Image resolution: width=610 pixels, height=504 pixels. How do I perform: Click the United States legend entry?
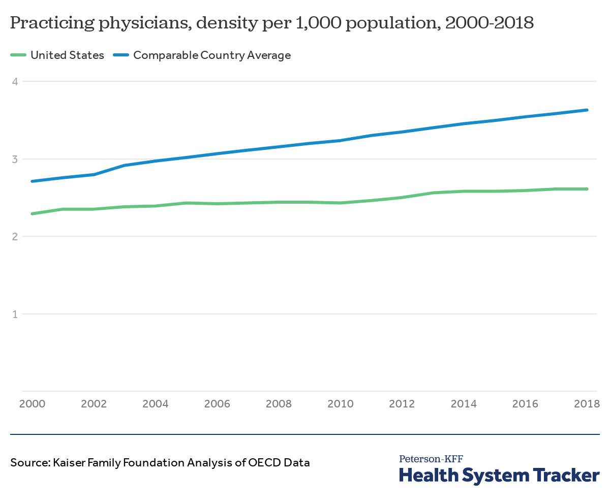(x=67, y=55)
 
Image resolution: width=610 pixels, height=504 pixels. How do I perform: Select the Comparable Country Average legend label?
(x=211, y=55)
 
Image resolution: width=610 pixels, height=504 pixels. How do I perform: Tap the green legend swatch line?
(x=18, y=55)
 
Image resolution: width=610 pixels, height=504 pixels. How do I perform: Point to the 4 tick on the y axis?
(x=15, y=81)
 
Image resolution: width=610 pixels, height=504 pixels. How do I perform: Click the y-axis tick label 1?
(x=15, y=314)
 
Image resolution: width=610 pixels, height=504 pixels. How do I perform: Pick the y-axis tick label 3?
(x=15, y=159)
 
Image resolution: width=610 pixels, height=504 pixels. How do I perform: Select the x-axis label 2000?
(x=32, y=404)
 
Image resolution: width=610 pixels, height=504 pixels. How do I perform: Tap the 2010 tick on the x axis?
(x=340, y=404)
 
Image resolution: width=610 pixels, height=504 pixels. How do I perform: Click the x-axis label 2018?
(x=587, y=404)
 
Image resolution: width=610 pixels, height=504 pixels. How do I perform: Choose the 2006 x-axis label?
(x=217, y=404)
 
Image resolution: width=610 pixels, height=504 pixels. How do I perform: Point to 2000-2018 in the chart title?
(x=489, y=23)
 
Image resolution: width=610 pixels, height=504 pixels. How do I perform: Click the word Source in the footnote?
(x=28, y=463)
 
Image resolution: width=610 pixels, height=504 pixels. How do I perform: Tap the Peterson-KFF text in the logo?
(x=431, y=459)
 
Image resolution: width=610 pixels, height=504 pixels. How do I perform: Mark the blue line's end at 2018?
(x=587, y=110)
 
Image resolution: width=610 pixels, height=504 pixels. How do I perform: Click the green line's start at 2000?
(x=32, y=214)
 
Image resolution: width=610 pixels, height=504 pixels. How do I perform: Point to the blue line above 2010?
(x=340, y=141)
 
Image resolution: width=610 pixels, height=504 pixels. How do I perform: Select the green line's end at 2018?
(x=587, y=189)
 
